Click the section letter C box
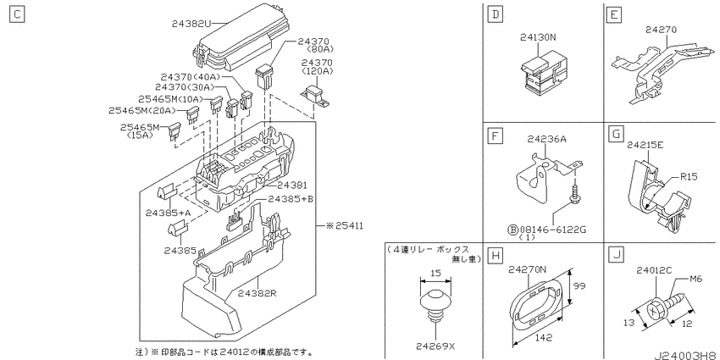click(x=17, y=14)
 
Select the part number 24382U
click(x=191, y=23)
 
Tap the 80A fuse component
click(x=264, y=76)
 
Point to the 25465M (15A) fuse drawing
click(x=175, y=132)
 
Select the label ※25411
click(x=344, y=226)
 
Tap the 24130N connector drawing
click(x=543, y=74)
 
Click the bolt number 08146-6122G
click(x=551, y=230)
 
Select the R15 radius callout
click(x=688, y=177)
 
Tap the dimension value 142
click(x=543, y=338)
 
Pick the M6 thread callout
click(x=695, y=280)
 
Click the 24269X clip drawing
click(x=435, y=307)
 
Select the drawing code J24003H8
click(x=686, y=354)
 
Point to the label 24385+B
click(x=291, y=199)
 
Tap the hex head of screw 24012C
click(x=653, y=311)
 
